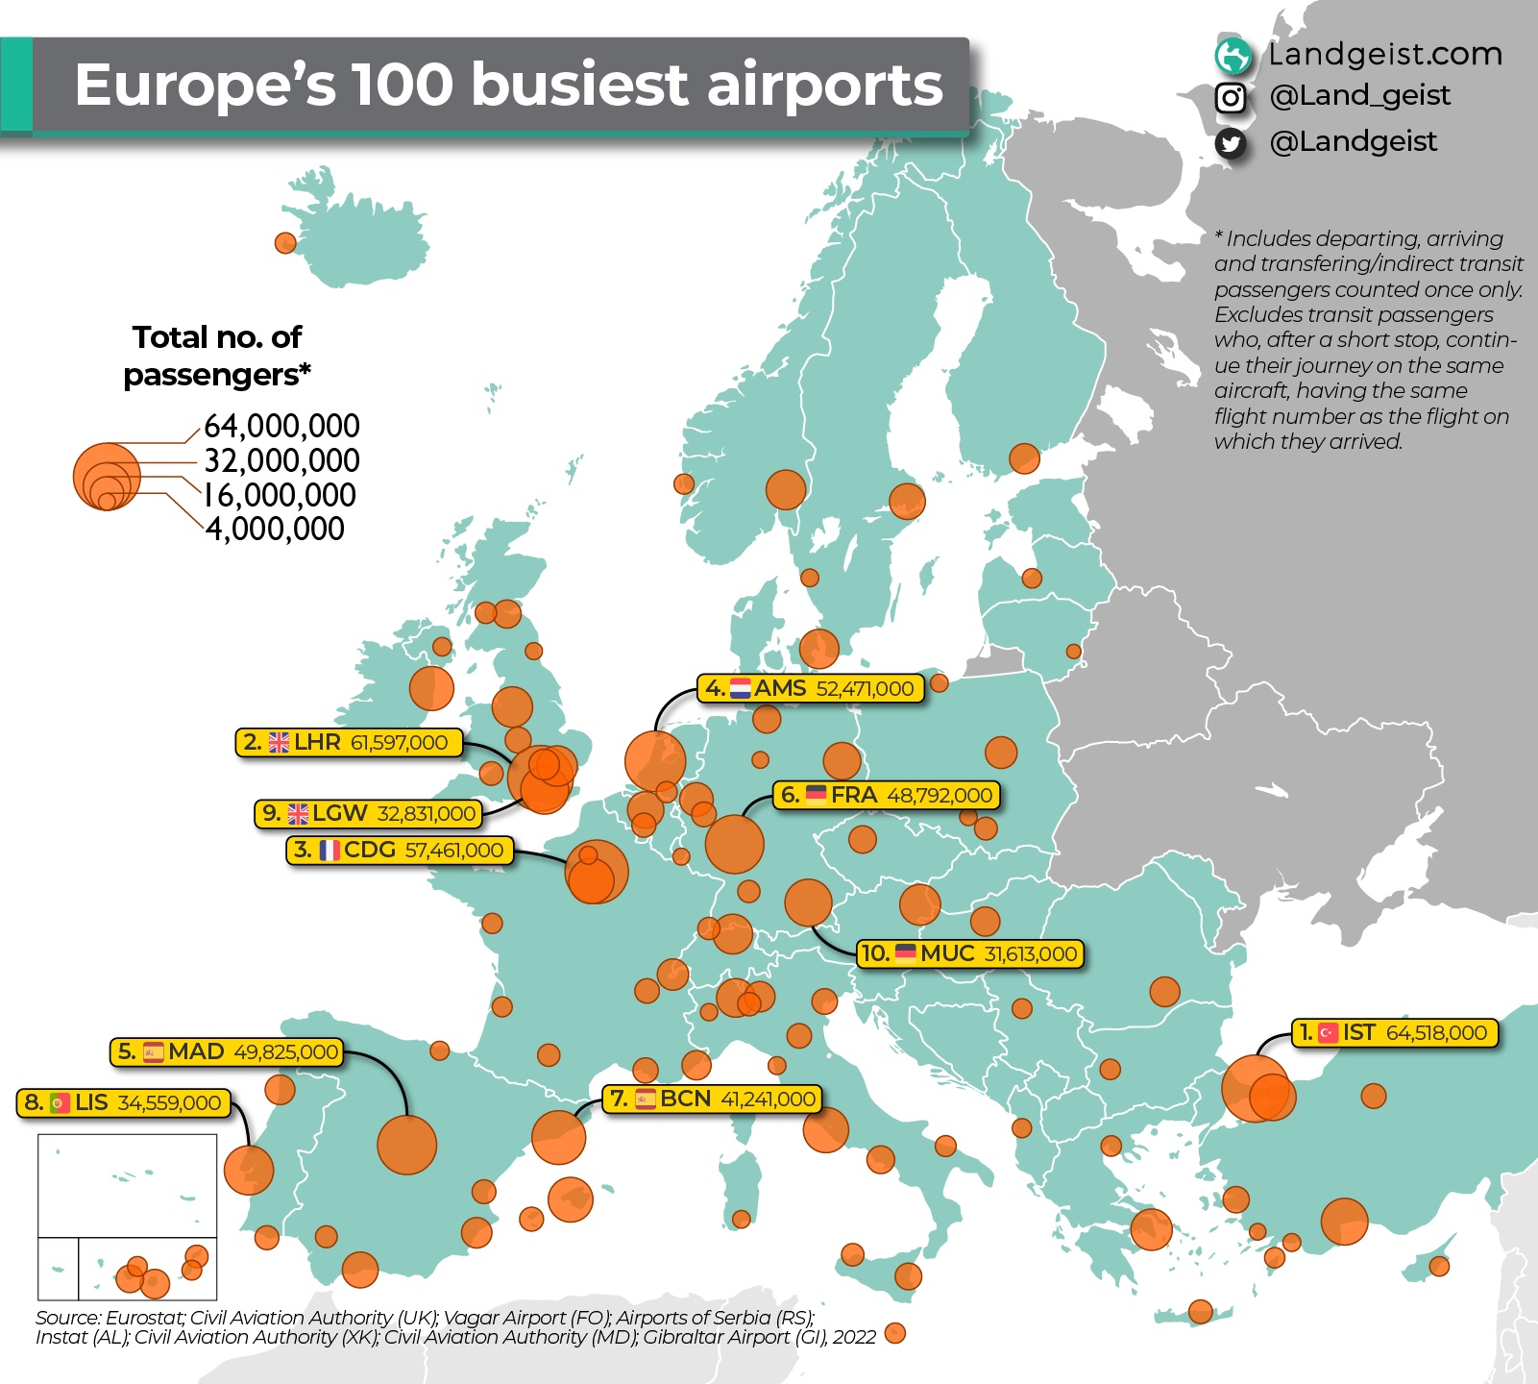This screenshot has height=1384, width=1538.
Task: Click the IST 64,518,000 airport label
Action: [1394, 1033]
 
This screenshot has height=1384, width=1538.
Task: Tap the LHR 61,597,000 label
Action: [349, 743]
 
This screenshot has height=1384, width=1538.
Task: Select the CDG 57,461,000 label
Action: [400, 851]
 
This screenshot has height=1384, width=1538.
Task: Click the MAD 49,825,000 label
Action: [228, 1052]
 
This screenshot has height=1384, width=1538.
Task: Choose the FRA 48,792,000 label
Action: [888, 796]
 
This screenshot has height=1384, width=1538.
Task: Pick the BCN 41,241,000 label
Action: [712, 1099]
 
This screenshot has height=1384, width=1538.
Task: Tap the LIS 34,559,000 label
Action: [125, 1102]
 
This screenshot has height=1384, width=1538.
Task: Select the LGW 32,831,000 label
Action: [369, 814]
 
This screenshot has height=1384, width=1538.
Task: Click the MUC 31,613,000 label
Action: [970, 953]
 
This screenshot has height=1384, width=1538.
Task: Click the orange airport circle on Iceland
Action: [285, 242]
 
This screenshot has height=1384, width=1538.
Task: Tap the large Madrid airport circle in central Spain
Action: [407, 1145]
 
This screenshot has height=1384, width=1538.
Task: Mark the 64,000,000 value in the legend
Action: [281, 426]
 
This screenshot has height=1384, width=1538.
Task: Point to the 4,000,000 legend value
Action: [275, 529]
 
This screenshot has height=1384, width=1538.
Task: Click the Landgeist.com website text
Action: [1384, 54]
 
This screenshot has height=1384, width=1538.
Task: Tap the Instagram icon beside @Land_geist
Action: [1231, 97]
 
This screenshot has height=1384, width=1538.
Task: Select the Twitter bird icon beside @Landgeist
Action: [1231, 143]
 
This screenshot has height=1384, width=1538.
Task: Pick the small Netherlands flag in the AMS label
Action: [741, 688]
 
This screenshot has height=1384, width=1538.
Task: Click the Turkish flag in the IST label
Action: [1329, 1033]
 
